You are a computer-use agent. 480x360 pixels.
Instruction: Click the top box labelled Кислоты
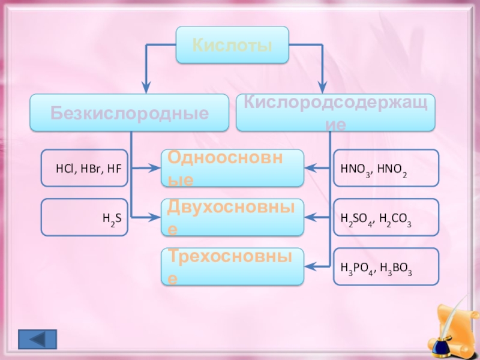(x=232, y=45)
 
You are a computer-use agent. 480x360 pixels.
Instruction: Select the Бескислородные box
(x=129, y=113)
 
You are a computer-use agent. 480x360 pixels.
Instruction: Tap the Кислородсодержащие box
(x=335, y=113)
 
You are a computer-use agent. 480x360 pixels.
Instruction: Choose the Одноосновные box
(x=232, y=168)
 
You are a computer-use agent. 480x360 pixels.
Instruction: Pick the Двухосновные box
(x=232, y=217)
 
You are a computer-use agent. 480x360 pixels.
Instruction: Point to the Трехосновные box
(x=232, y=266)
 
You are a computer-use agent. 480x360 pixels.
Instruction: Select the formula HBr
(x=88, y=169)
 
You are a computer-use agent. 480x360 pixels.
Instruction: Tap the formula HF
(x=113, y=169)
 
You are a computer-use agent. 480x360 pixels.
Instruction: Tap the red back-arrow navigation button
(x=37, y=339)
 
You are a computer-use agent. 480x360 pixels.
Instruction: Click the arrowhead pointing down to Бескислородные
(x=146, y=88)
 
